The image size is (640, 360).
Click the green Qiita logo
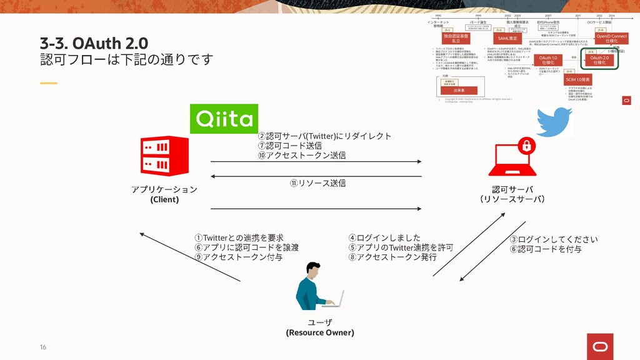(x=224, y=118)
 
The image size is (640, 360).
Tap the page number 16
(x=43, y=347)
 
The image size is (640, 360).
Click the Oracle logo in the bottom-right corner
(x=600, y=343)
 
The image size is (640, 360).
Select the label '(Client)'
(x=164, y=199)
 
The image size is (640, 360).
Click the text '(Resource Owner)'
(x=320, y=332)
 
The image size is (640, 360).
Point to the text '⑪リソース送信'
(x=317, y=183)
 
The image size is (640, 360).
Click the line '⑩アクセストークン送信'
(x=302, y=155)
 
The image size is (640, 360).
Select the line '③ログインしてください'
(x=554, y=239)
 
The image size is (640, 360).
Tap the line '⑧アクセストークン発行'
(x=392, y=257)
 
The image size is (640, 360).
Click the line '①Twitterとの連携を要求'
(x=239, y=237)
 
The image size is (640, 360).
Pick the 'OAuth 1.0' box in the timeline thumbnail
(x=547, y=61)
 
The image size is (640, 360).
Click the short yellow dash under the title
(x=48, y=83)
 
